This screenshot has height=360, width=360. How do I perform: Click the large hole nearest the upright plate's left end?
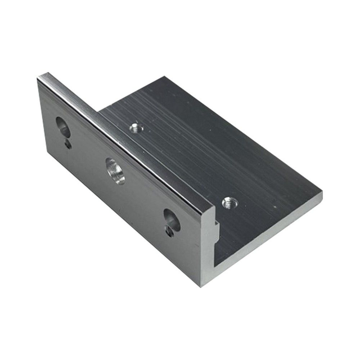(x=62, y=127)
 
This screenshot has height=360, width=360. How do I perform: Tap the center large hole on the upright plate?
(x=115, y=170)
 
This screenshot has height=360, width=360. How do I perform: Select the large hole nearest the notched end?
(x=171, y=220)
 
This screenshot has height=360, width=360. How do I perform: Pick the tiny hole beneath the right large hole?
(x=169, y=232)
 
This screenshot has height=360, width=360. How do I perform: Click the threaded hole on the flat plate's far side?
(x=134, y=128)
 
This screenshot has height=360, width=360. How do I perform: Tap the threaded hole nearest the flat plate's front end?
(x=228, y=202)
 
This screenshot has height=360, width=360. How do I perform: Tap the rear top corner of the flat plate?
(x=167, y=76)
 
